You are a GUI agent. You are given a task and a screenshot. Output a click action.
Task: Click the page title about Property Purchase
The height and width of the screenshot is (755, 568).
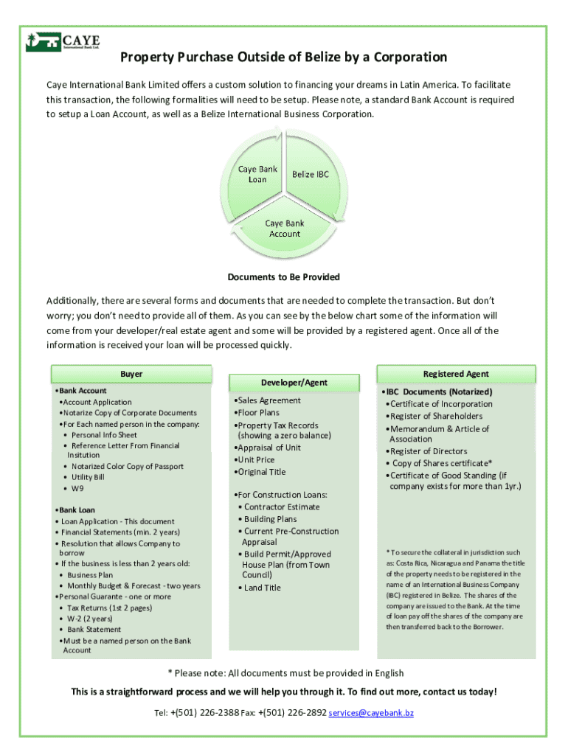283,58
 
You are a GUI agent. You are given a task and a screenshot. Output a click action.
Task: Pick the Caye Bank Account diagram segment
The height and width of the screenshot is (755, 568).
284,229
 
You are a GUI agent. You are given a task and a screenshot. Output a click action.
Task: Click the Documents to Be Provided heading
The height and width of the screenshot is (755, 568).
283,276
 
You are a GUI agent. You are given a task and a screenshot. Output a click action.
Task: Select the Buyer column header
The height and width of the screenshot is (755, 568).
131,374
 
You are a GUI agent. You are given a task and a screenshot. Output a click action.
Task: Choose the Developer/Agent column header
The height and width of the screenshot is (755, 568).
294,383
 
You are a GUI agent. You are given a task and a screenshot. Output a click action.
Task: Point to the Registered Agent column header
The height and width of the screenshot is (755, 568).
456,374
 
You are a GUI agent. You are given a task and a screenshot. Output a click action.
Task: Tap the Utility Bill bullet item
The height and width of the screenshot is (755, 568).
88,477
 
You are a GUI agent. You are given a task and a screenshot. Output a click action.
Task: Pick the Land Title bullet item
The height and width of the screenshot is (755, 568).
262,588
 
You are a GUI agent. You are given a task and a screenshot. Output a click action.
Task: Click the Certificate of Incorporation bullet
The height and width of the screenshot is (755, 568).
440,404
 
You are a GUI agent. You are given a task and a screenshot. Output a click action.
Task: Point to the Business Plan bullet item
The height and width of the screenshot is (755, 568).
90,574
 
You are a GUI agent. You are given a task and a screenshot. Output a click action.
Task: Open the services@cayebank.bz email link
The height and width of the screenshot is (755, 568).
371,714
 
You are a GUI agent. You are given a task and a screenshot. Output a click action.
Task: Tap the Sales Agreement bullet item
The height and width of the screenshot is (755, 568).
269,400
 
